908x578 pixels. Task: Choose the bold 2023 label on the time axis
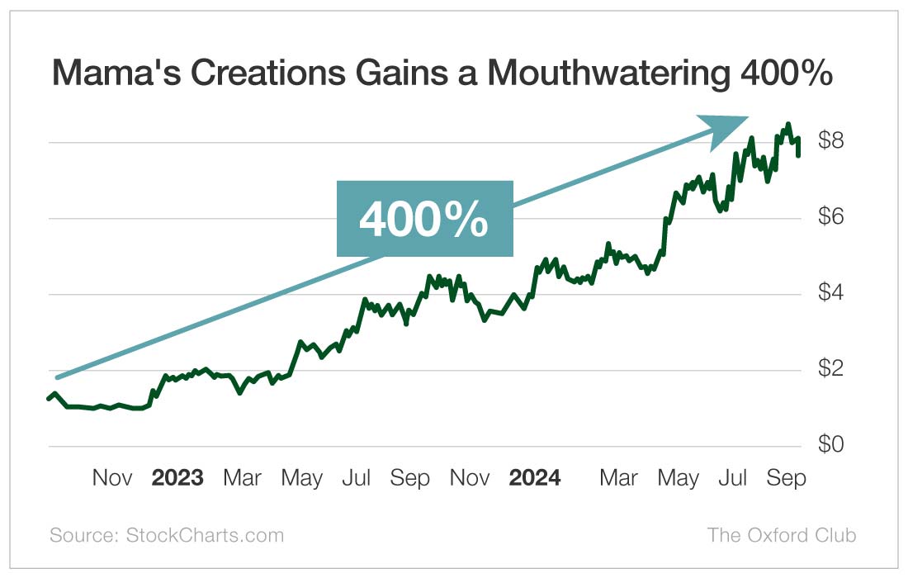pos(177,478)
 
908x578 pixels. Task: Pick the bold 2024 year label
pos(534,478)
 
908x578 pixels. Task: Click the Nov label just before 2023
pos(112,478)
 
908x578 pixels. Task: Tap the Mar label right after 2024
pos(618,478)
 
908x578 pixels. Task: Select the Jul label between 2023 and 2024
pos(357,478)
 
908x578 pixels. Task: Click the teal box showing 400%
pos(424,219)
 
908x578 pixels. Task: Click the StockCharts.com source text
pos(204,535)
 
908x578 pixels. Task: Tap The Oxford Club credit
pos(781,535)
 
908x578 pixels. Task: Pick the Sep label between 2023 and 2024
pos(410,478)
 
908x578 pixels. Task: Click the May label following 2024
pos(678,478)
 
